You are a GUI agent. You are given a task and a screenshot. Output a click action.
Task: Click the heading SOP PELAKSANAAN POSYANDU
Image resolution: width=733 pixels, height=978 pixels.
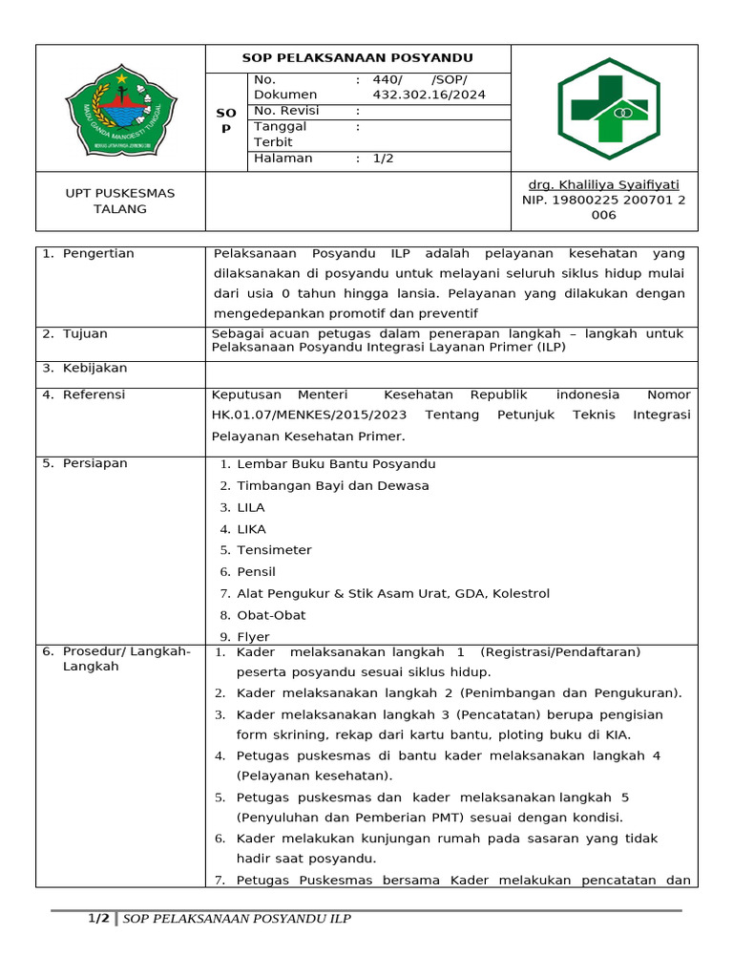tap(357, 58)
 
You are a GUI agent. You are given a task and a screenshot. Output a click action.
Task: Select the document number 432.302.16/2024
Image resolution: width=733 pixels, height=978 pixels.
tap(429, 95)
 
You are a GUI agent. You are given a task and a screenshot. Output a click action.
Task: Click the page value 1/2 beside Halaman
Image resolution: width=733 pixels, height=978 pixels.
tap(383, 159)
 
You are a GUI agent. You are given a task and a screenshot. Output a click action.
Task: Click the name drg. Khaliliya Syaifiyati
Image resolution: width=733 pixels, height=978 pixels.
tap(603, 184)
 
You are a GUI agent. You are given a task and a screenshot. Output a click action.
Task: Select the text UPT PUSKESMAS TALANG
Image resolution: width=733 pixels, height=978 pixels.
tap(120, 201)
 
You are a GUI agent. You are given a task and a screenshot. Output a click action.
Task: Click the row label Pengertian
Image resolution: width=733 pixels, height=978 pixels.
tap(98, 253)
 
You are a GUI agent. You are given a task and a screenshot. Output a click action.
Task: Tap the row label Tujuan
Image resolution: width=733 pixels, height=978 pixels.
tap(85, 333)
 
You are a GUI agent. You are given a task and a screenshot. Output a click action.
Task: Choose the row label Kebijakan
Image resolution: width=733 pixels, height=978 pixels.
tap(94, 368)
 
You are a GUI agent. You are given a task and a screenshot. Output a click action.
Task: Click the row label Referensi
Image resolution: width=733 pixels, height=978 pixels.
tap(94, 394)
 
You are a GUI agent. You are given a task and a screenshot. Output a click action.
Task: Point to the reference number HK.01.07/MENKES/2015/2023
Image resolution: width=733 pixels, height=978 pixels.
tap(309, 415)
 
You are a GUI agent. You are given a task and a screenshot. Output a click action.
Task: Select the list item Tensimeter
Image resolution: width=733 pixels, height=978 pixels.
tap(274, 550)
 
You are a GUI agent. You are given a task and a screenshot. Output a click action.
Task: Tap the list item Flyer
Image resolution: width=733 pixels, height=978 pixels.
tap(253, 637)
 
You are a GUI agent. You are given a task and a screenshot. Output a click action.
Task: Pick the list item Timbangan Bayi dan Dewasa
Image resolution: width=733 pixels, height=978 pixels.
tap(332, 485)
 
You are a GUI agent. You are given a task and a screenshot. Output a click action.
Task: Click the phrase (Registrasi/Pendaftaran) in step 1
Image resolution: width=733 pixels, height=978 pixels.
tap(560, 652)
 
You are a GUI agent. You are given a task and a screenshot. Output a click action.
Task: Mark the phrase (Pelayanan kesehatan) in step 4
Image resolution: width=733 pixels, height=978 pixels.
tap(314, 776)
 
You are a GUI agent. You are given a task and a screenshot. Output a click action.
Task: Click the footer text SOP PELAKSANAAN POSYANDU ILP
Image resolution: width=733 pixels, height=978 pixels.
tap(237, 919)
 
